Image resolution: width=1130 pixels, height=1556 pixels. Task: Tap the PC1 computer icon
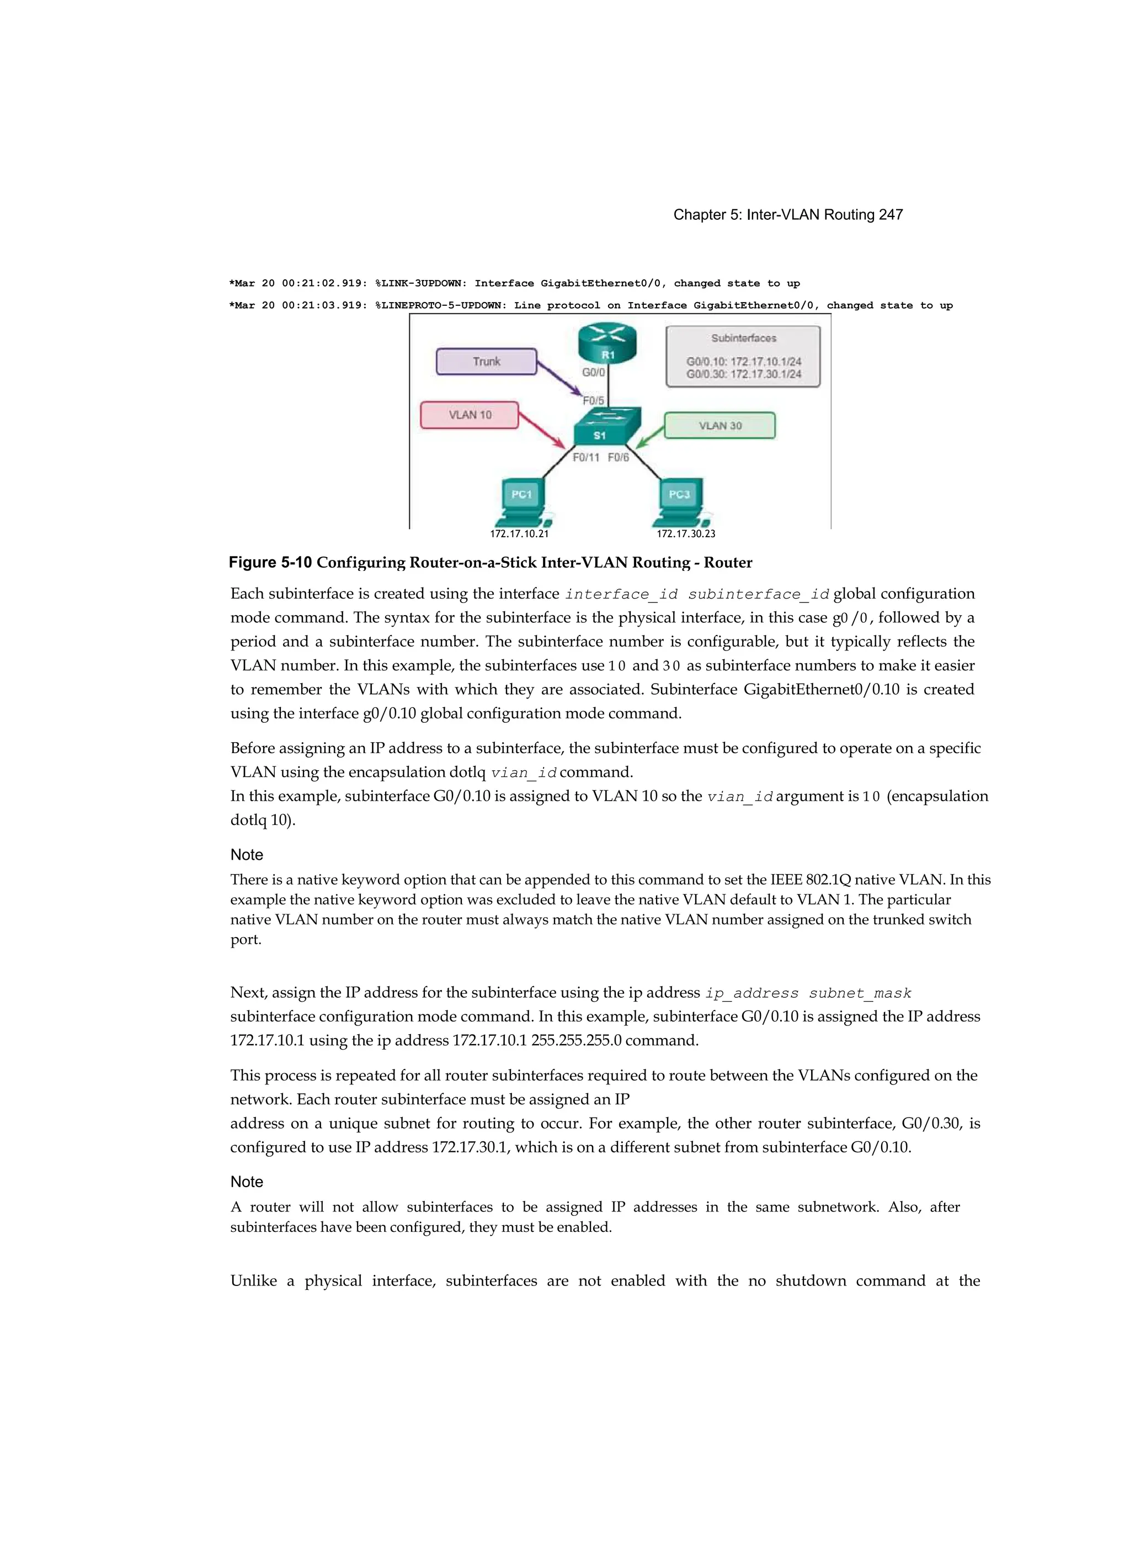(523, 501)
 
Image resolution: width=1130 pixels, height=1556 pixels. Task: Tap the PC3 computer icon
(680, 501)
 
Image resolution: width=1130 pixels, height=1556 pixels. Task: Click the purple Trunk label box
(486, 362)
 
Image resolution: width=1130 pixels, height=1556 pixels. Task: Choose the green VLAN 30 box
(719, 425)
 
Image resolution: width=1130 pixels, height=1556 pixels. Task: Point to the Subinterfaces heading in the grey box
(743, 338)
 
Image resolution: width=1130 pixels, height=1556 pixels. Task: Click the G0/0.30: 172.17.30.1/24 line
(743, 374)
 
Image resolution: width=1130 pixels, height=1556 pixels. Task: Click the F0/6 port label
(618, 458)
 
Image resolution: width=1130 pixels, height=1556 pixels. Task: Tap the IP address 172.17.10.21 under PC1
(519, 534)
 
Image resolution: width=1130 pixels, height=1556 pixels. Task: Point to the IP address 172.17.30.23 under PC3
(686, 534)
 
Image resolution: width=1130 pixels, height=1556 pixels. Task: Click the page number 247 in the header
(890, 215)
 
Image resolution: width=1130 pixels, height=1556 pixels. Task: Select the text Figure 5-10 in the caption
(270, 563)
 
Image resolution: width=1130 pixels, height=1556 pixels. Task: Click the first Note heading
(247, 855)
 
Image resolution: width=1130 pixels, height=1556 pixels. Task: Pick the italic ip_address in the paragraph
(751, 993)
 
